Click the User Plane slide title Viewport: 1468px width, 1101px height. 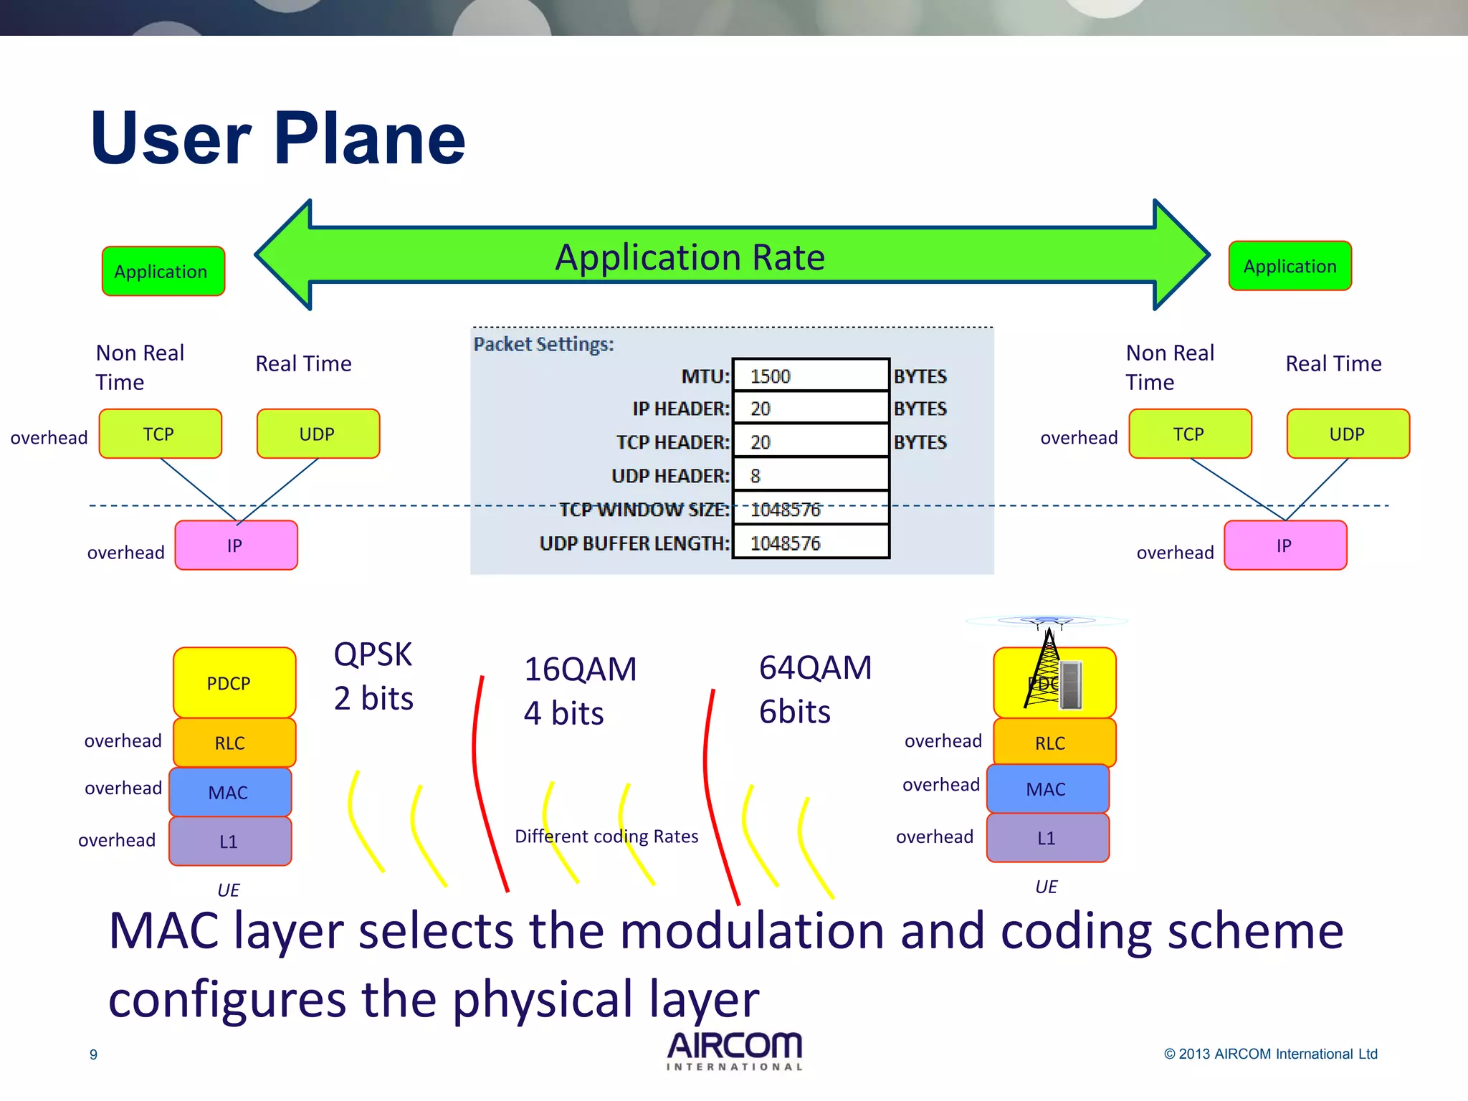click(x=278, y=138)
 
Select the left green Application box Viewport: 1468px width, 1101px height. click(x=163, y=271)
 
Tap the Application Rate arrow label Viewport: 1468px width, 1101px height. click(x=690, y=257)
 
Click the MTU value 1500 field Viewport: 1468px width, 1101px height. click(x=810, y=376)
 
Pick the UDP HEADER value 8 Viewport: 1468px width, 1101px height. click(x=810, y=476)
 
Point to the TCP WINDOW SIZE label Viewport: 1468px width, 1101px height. click(x=644, y=510)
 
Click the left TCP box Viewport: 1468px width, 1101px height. click(x=160, y=434)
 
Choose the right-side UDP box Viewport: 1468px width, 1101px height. click(x=1348, y=434)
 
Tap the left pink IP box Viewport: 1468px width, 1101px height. click(x=236, y=545)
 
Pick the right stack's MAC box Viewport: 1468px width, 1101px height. click(x=1047, y=789)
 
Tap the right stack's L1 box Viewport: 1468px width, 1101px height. click(x=1047, y=838)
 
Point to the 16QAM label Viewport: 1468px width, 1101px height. click(x=580, y=669)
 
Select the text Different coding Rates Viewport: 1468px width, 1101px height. click(x=606, y=837)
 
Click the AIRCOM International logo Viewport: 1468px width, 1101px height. click(x=734, y=1051)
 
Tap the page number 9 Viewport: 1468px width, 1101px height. click(x=93, y=1054)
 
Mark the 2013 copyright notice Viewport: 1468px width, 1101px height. click(x=1270, y=1054)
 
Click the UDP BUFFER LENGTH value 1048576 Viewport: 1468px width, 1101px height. click(x=810, y=543)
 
